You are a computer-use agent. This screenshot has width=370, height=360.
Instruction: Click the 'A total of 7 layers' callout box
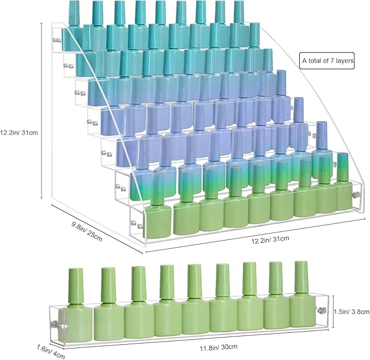coord(327,61)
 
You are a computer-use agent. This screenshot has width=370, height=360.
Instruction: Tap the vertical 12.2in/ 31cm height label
coord(19,133)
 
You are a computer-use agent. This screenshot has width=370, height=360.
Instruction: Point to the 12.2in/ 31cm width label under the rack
coord(270,239)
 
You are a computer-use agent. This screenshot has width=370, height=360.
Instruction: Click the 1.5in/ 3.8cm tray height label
coord(351,312)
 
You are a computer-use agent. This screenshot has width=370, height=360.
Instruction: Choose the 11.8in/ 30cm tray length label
coord(219,347)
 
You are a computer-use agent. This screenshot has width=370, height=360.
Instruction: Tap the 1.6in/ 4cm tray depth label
coord(51,352)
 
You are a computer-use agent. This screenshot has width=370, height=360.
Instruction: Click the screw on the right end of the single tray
coord(320,310)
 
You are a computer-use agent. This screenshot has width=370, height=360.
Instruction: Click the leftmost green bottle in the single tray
coord(75,307)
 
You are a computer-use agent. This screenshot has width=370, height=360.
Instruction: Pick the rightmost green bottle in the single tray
coord(302,295)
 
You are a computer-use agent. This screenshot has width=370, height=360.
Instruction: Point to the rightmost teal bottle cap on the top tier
coord(239,11)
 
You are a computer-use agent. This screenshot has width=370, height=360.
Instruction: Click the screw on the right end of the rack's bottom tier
coord(355,195)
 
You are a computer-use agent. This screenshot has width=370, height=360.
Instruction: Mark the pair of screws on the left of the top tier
coord(57,40)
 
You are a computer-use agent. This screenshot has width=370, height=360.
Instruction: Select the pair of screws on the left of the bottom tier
coord(137,224)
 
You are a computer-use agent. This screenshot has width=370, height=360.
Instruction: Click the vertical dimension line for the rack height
coord(42,110)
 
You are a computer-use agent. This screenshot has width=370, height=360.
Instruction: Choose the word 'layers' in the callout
coord(345,61)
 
